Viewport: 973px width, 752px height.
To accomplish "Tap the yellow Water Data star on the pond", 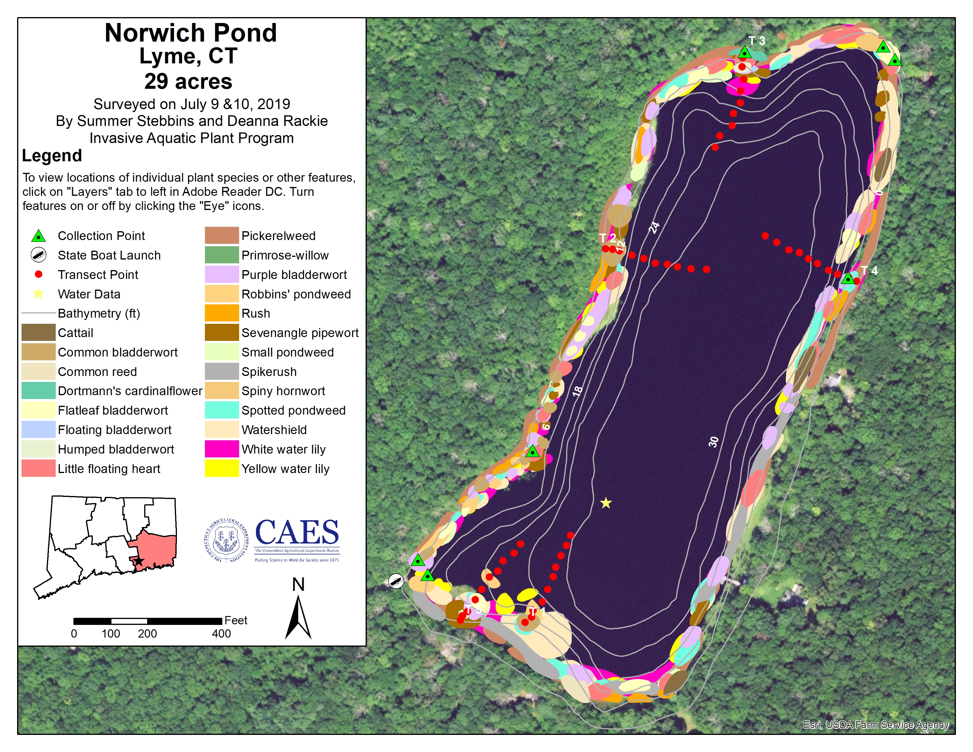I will click(x=606, y=503).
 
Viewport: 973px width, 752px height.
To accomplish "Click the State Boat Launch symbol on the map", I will click(x=396, y=581).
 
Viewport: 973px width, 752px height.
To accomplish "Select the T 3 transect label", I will click(x=757, y=41).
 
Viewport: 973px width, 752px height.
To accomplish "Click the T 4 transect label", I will click(x=869, y=270).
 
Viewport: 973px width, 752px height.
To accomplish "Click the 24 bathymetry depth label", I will click(x=654, y=227).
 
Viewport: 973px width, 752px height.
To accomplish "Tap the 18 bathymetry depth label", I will click(x=577, y=391).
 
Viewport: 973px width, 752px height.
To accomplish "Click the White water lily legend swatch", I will click(x=222, y=449).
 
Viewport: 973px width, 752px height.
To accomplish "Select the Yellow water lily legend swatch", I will click(x=222, y=469).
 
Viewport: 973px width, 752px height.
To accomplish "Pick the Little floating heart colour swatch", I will click(x=38, y=469).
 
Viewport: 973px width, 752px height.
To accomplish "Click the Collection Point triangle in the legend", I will click(x=39, y=236).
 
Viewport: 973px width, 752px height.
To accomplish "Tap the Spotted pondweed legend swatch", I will click(x=222, y=410).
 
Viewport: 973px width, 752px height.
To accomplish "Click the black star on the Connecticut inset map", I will click(x=139, y=561).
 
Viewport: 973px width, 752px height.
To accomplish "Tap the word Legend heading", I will click(x=52, y=155).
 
